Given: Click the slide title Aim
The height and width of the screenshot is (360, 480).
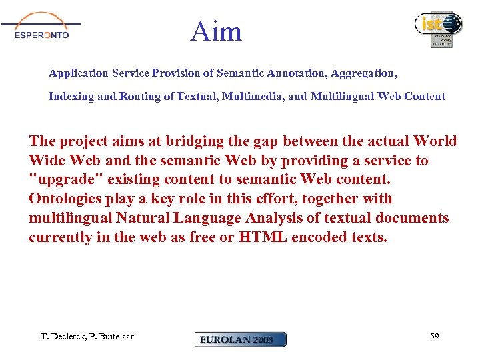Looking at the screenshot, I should click(x=215, y=31).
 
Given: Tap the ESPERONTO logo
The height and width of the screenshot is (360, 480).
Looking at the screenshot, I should click(x=42, y=28).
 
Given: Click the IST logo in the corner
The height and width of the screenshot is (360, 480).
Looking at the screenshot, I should click(x=438, y=28).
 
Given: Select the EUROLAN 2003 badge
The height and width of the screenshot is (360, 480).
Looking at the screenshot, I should click(x=241, y=340).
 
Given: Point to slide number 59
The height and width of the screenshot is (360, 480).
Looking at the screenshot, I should click(x=434, y=337).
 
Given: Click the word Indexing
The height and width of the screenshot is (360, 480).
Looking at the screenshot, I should click(x=71, y=97).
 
